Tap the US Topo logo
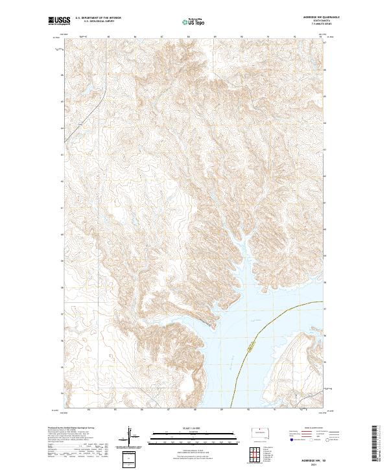[194, 22]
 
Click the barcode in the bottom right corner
[377, 447]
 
